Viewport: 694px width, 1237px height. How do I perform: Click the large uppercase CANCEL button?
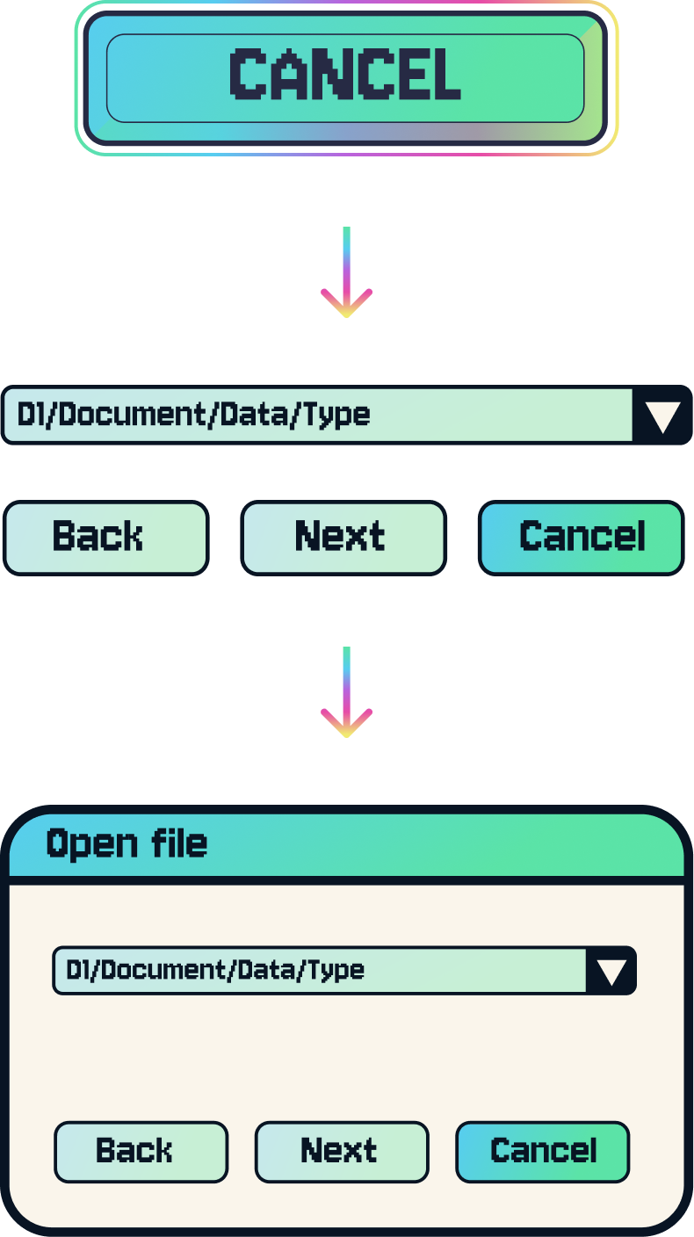coord(344,77)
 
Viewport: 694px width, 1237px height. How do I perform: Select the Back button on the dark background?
coord(105,538)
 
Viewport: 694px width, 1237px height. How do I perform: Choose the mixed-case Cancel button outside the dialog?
coord(582,538)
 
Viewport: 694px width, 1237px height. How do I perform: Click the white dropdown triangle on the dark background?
coord(662,416)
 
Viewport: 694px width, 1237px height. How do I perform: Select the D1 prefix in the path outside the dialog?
coord(31,415)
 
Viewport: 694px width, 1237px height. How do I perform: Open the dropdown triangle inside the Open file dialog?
coord(611,972)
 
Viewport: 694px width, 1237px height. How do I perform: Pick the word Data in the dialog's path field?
coord(265,970)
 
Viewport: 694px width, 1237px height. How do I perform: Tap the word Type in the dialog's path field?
coord(335,970)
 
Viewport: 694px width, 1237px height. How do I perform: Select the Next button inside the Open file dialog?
coord(341,1152)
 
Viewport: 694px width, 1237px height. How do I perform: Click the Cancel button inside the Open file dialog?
coord(543,1152)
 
